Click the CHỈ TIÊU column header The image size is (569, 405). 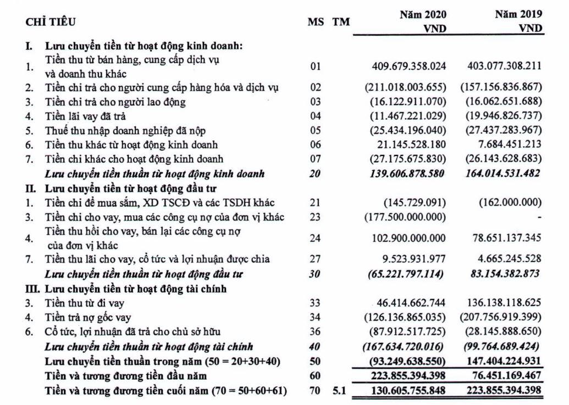coord(51,23)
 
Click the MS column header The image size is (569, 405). coord(315,23)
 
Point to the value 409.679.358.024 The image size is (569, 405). coord(410,66)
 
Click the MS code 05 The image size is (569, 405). coord(315,131)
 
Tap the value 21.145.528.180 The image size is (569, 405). coord(410,145)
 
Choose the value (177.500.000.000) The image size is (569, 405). coord(406,217)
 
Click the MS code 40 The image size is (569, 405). coord(315,346)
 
